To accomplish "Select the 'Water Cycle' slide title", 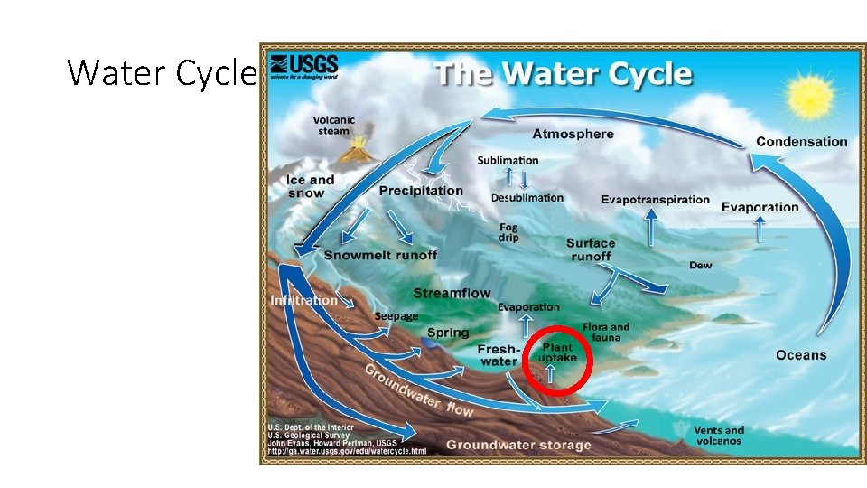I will (x=162, y=72).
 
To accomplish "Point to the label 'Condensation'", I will (x=801, y=141).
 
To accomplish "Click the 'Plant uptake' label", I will (x=557, y=352).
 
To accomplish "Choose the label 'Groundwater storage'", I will (x=517, y=445).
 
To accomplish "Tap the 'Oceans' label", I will (x=800, y=355).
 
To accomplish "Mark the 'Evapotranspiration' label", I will (x=655, y=199).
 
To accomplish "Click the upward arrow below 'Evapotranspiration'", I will (x=650, y=224).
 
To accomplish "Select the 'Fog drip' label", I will (x=509, y=232).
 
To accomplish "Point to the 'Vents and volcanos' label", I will (x=719, y=435).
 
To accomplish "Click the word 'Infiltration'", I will (x=303, y=300).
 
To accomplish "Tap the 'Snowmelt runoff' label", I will (x=380, y=255).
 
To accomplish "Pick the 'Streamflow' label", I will (x=452, y=293).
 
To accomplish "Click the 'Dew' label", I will (x=700, y=265).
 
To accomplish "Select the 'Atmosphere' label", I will (x=573, y=134).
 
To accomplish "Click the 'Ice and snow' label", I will (x=311, y=186).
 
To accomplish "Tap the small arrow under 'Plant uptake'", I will (x=550, y=371).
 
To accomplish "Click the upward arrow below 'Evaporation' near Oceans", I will (x=759, y=230).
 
